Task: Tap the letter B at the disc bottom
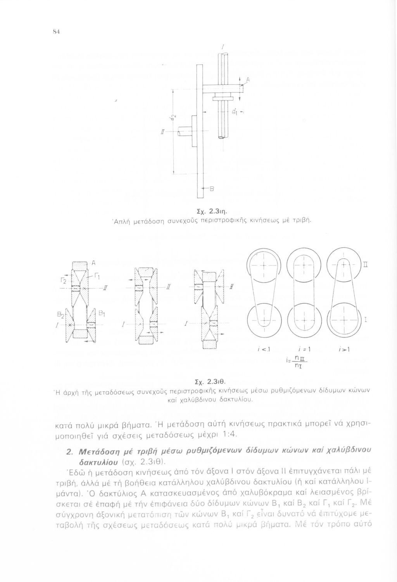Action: click(212, 189)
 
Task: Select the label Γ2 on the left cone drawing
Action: click(67, 280)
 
